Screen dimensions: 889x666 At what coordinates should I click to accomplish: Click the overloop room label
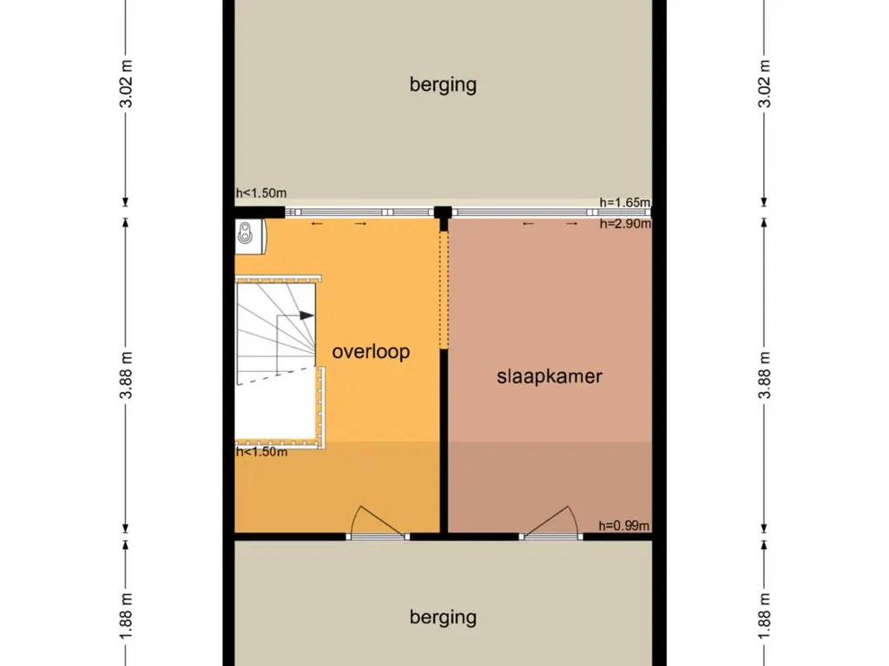(371, 352)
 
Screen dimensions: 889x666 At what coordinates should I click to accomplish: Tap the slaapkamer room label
(550, 376)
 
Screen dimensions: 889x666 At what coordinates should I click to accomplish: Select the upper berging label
(443, 85)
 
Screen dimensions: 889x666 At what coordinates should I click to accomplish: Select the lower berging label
(443, 617)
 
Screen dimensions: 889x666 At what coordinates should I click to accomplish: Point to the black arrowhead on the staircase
(306, 316)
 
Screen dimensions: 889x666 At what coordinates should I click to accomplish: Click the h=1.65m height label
(625, 202)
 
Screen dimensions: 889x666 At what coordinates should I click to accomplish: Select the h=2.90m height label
(625, 224)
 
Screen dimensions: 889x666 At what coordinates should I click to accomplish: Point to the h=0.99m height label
(623, 526)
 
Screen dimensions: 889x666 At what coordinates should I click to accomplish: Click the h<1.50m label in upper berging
(260, 193)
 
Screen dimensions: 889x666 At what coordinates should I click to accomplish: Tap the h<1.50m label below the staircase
(261, 452)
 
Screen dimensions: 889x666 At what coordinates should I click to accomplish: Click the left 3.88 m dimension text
(126, 375)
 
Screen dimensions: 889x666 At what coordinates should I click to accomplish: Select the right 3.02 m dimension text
(764, 84)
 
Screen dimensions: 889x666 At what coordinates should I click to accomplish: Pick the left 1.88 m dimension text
(126, 617)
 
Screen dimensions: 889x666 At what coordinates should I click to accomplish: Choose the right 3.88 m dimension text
(764, 375)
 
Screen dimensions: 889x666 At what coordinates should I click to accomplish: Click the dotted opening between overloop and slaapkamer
(444, 290)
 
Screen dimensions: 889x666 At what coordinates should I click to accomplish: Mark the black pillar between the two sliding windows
(443, 212)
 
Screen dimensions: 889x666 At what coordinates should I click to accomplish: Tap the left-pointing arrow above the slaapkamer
(529, 224)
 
